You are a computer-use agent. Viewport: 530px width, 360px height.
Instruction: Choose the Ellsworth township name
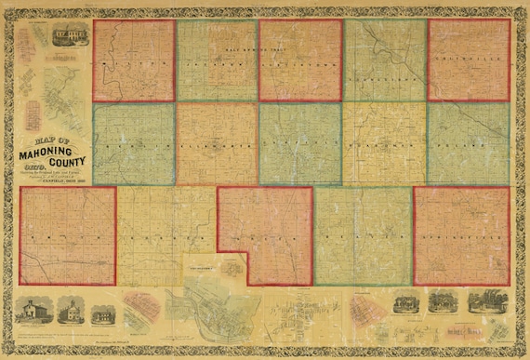click(x=217, y=147)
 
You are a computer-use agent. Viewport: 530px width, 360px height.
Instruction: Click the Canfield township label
click(x=299, y=146)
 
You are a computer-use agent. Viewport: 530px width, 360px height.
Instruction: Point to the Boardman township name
click(x=383, y=146)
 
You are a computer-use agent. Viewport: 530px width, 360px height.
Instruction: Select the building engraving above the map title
click(x=73, y=34)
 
